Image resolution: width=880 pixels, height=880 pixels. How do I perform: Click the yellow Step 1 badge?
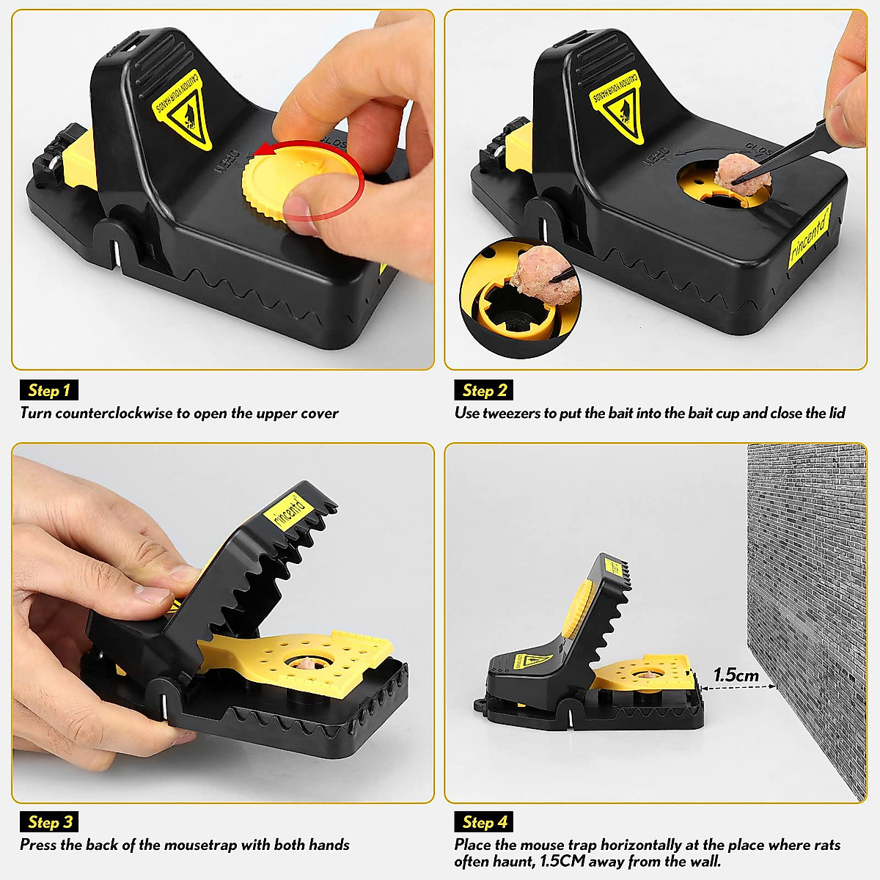pos(48,390)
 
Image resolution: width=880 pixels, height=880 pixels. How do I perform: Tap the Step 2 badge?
pos(484,390)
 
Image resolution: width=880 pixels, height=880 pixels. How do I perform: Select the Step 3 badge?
pos(48,822)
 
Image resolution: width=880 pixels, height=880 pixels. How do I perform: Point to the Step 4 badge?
pos(484,822)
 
